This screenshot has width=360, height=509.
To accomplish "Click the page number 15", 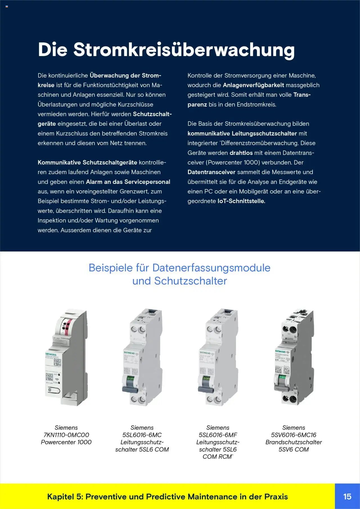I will [x=347, y=496].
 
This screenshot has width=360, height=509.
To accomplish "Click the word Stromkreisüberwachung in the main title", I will [x=184, y=50].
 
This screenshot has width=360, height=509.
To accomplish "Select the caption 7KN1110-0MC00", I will [x=66, y=435].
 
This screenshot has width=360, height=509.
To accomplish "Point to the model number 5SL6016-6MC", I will [x=142, y=435].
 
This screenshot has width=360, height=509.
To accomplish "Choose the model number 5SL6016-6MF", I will [x=218, y=435].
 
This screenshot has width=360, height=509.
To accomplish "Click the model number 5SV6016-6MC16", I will [x=294, y=435].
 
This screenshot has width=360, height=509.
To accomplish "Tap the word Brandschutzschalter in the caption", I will [x=294, y=442].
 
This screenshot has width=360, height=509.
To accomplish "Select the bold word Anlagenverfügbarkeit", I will [x=253, y=85].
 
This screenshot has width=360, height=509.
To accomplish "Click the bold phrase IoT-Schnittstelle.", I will [x=241, y=201].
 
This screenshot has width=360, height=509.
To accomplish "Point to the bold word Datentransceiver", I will [x=211, y=172].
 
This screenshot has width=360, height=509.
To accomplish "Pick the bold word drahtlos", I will [x=241, y=153].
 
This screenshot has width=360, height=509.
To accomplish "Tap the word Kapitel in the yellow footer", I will [x=60, y=497].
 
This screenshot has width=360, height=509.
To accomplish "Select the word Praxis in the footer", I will [x=276, y=497].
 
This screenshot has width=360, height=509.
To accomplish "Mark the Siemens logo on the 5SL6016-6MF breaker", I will [x=205, y=353].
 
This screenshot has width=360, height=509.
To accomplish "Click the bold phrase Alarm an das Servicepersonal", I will [x=128, y=182].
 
